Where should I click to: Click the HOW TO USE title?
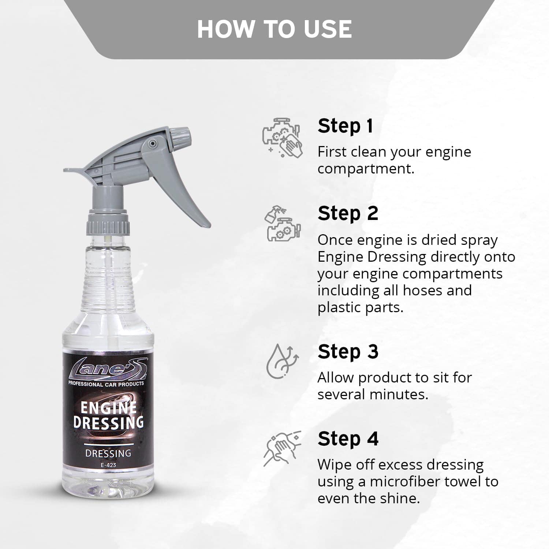point(274,29)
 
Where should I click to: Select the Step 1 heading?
point(345,126)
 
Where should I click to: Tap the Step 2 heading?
point(348,213)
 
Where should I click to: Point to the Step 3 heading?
point(348,352)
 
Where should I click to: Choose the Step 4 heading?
point(348,439)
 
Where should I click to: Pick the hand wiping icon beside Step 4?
point(282,448)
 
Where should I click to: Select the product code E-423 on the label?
point(108,465)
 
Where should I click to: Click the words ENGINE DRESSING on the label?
point(108,415)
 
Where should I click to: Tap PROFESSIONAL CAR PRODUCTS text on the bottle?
point(106,384)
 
